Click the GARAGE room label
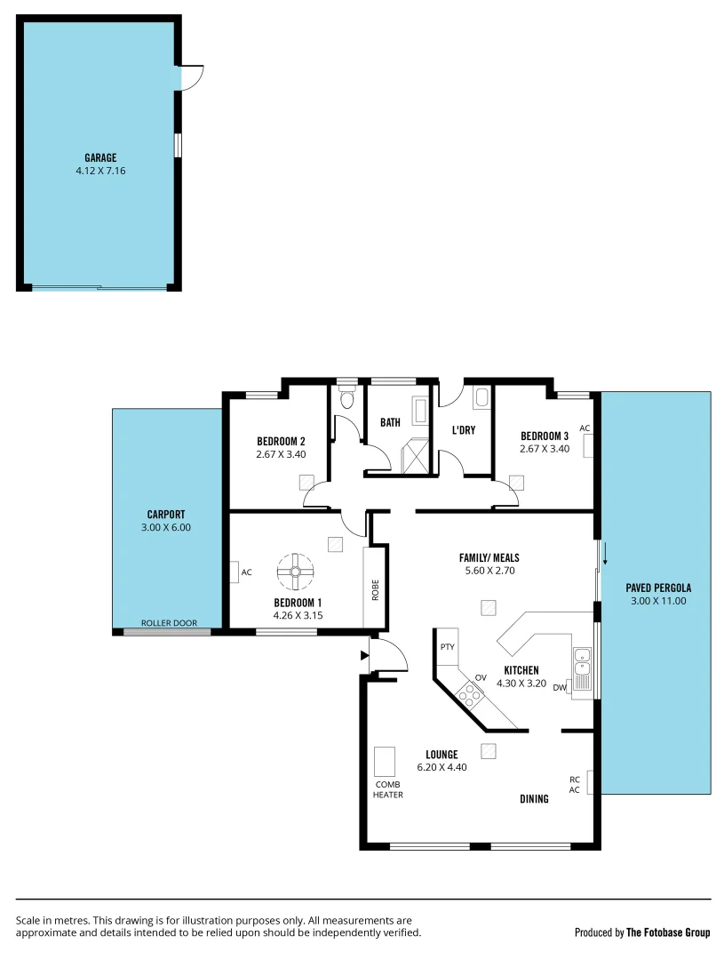click(100, 158)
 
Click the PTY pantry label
click(447, 647)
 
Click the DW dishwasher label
click(560, 687)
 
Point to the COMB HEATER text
click(388, 789)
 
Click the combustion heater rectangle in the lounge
click(386, 762)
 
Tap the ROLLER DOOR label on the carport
click(169, 623)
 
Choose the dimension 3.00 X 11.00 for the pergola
click(657, 601)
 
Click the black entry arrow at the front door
click(364, 656)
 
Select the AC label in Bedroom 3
click(585, 428)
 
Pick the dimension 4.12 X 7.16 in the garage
click(100, 171)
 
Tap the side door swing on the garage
click(192, 77)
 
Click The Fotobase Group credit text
click(667, 932)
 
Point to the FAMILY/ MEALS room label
click(489, 557)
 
